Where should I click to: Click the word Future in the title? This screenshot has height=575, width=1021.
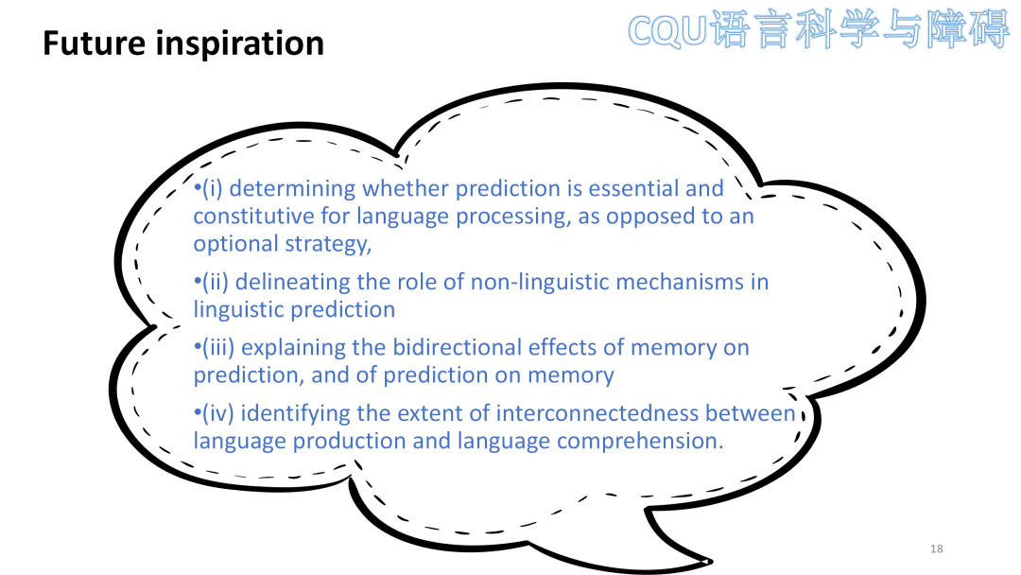tap(94, 44)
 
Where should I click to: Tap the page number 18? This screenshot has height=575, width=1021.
tap(936, 549)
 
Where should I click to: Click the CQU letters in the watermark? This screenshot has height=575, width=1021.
tap(666, 30)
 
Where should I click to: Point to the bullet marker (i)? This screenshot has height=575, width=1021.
tap(212, 189)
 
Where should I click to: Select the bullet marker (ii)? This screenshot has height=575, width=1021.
tap(215, 283)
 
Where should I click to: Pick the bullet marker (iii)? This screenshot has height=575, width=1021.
tap(218, 348)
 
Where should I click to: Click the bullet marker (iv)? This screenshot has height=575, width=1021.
tap(217, 414)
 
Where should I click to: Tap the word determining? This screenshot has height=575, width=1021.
tap(292, 189)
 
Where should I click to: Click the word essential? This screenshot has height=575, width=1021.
tap(632, 189)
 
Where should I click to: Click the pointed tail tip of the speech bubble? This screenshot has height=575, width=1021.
tap(710, 562)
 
